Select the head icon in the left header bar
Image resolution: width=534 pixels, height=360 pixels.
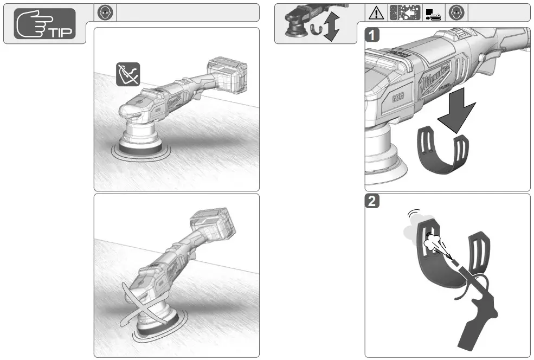(x=107, y=12)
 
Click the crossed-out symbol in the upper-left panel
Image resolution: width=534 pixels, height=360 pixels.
(x=128, y=74)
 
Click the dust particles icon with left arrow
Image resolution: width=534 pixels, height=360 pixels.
(x=404, y=12)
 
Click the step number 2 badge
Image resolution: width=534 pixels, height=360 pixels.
(x=371, y=201)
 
